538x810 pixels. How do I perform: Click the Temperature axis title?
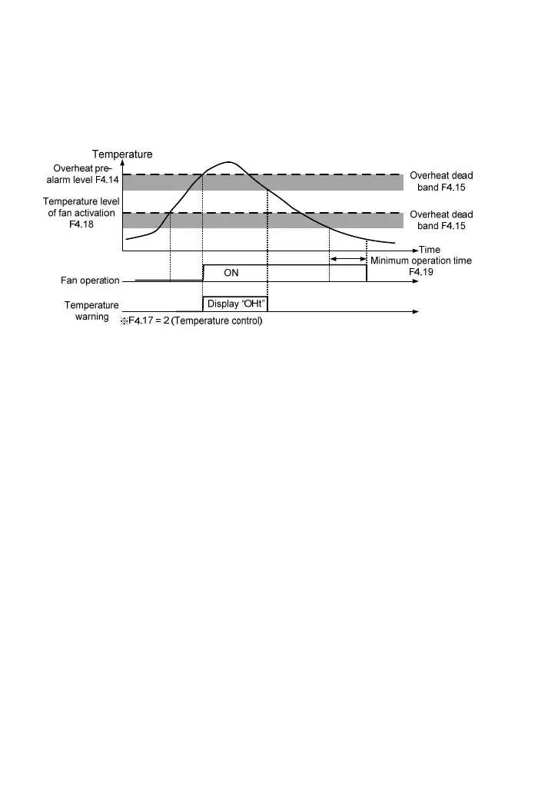click(x=122, y=154)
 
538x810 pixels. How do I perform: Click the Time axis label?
click(x=430, y=250)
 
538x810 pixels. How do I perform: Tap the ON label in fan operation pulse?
click(x=231, y=272)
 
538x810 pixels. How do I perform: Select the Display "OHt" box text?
click(x=235, y=303)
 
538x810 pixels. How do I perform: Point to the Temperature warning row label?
click(x=92, y=310)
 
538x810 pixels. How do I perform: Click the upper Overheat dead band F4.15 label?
click(x=441, y=181)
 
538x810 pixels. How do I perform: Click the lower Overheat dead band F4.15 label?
click(x=441, y=220)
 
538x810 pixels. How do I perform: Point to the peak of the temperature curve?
click(x=228, y=162)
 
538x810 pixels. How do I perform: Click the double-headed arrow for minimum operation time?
click(x=348, y=260)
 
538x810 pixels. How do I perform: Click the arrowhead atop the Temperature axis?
click(x=122, y=163)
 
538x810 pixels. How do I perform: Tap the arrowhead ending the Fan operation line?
click(x=416, y=281)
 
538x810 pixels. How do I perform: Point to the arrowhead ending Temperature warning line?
click(x=416, y=311)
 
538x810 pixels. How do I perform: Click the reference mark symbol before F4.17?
click(x=123, y=321)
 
